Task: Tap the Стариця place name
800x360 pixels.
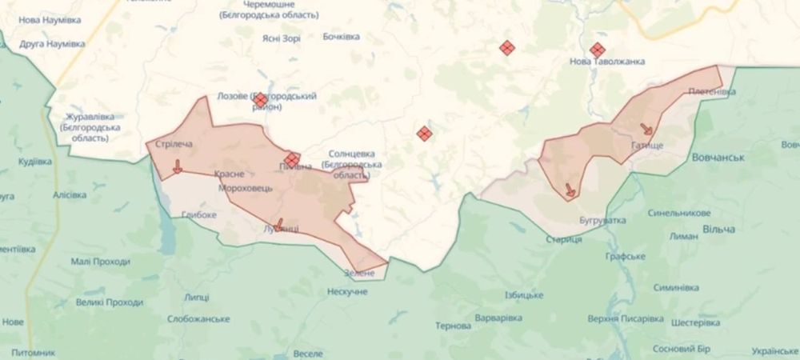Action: coord(563,239)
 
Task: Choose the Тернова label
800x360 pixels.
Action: coord(453,326)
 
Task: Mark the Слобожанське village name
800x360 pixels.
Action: coord(199,318)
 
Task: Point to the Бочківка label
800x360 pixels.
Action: coord(341,37)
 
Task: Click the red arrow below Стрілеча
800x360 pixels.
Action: coord(177,166)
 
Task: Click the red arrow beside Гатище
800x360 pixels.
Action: coord(646,130)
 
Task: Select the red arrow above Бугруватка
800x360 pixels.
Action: coord(570,190)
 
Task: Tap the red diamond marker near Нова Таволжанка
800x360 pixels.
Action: coord(597,50)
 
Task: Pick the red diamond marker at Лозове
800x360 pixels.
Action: coord(260,99)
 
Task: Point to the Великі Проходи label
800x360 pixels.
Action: coord(110,302)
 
